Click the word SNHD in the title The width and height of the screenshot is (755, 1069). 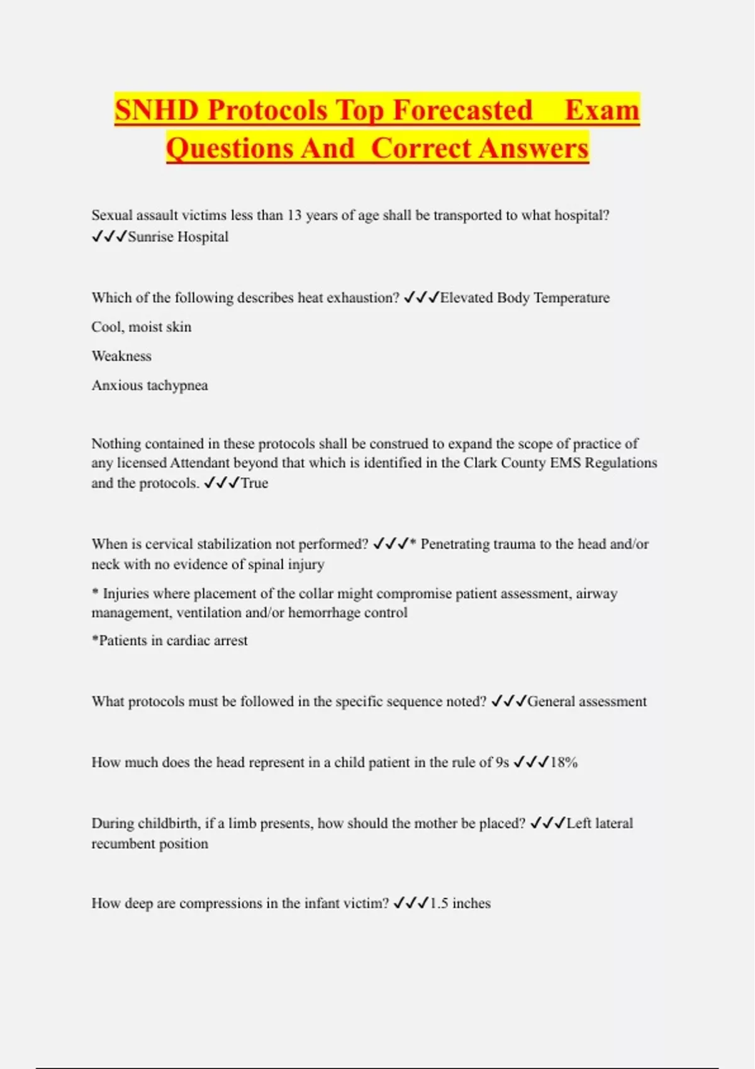coord(157,110)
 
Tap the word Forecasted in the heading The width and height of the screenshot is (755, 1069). coord(462,110)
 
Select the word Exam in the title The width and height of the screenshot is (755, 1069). coord(601,110)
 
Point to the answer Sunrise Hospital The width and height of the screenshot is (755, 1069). coord(178,237)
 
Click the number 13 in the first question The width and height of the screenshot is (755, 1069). coord(294,216)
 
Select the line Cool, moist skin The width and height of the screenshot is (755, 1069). coord(142,327)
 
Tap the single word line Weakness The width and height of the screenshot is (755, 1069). coord(121,356)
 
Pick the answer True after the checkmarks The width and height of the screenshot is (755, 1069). coord(254,484)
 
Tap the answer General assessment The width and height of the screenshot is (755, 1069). coord(586,702)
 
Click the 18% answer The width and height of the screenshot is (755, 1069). coord(564,763)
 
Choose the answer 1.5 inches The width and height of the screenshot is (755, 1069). coord(460,904)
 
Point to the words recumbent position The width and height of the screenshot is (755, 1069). coord(150,844)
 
